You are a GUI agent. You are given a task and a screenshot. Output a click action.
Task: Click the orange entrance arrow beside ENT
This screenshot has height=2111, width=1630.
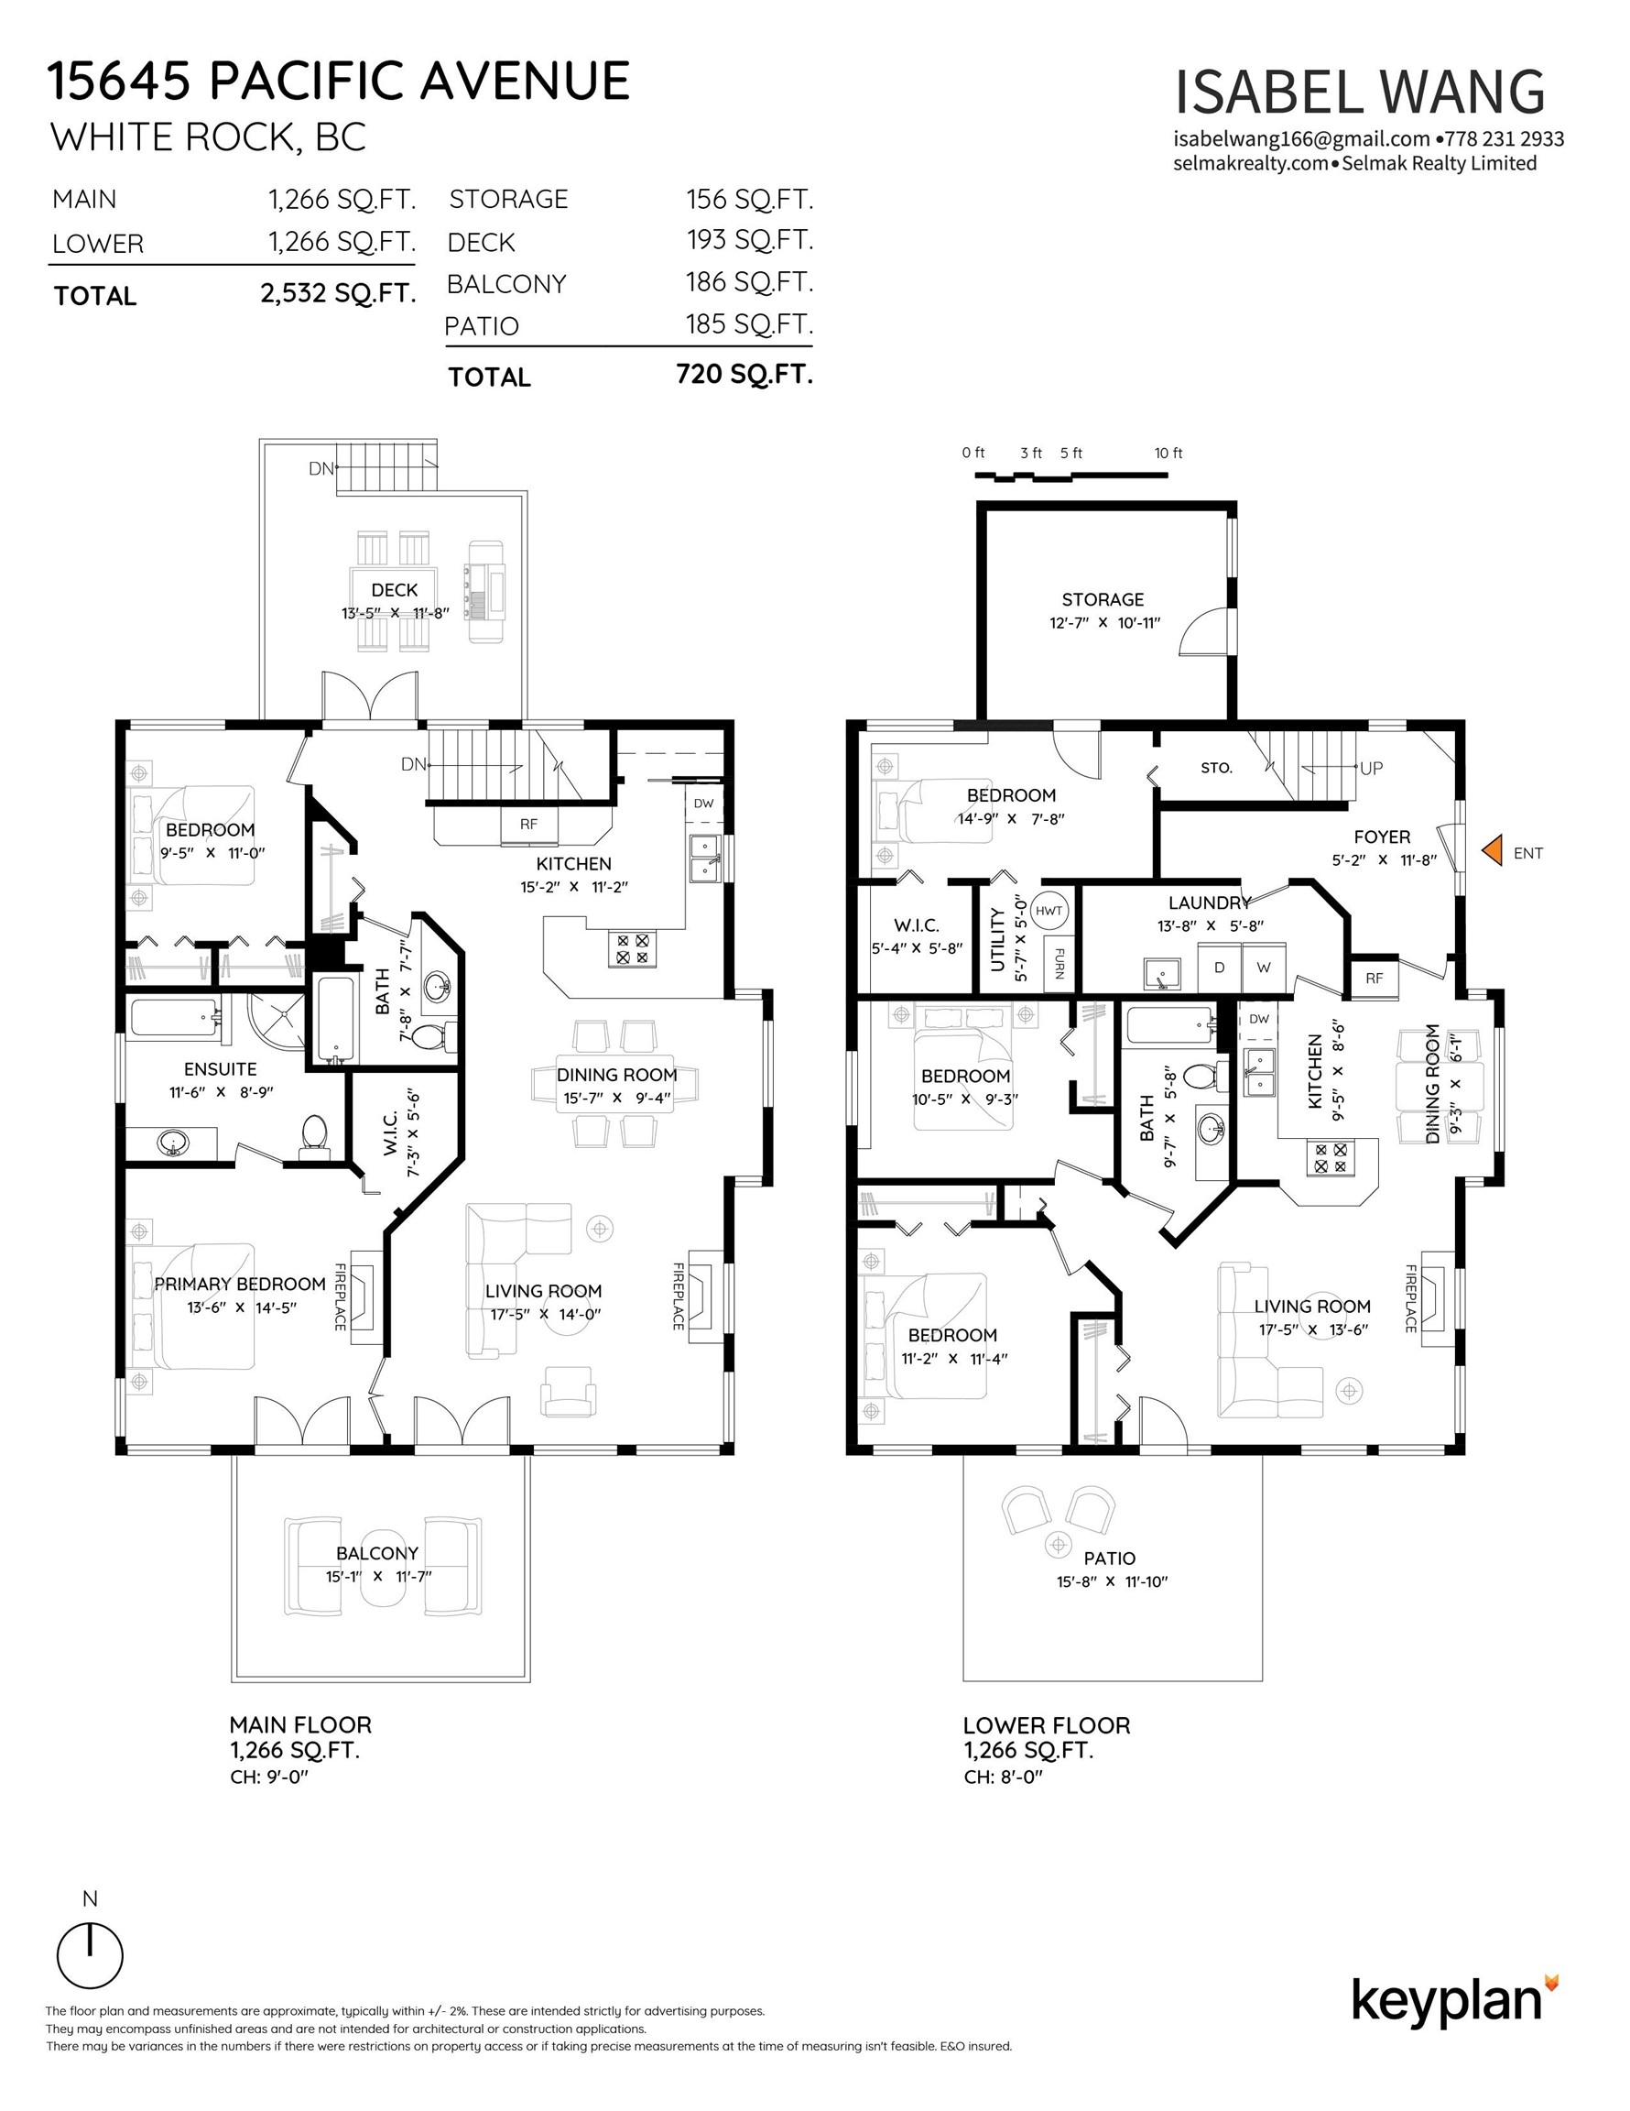point(1493,850)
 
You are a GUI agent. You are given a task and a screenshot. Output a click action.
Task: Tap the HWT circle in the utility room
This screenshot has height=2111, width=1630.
point(1049,911)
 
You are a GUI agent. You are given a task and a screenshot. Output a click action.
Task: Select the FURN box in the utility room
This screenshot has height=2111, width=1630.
point(1059,962)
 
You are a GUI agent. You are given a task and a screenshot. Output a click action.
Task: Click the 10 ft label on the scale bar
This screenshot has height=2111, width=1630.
point(1168,454)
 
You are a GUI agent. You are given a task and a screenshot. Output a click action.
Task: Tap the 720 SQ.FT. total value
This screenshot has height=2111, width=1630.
point(745,374)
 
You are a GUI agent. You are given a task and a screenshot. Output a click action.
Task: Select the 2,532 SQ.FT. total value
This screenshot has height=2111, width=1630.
point(338,293)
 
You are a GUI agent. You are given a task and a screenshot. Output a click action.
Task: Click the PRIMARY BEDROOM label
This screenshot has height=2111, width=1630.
point(240,1284)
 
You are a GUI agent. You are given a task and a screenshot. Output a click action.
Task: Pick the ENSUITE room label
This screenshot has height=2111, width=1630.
point(221,1069)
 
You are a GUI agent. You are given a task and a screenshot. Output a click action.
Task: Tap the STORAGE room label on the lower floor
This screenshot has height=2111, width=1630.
point(1103,599)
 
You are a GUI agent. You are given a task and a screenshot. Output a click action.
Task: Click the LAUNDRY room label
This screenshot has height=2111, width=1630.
point(1210,902)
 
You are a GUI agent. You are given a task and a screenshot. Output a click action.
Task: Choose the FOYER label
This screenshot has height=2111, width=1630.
point(1382,837)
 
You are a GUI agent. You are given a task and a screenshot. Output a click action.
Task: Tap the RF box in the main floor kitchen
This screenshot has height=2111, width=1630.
point(528,824)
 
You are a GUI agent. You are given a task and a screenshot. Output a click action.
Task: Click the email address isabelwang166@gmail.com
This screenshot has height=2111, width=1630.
point(1301,139)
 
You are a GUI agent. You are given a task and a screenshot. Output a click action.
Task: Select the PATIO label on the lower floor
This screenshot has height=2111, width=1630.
point(1109,1559)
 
